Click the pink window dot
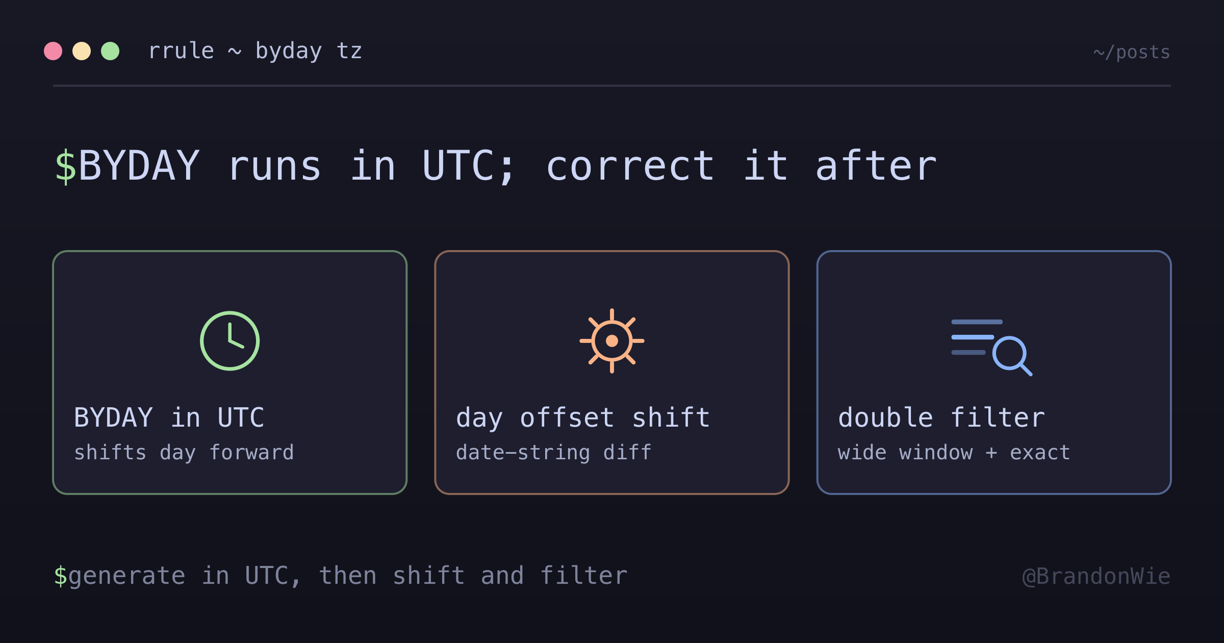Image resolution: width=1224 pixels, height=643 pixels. click(53, 51)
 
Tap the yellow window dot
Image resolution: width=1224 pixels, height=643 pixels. click(82, 51)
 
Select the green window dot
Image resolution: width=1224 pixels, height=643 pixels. click(110, 51)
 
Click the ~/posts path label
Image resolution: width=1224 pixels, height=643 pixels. click(1132, 53)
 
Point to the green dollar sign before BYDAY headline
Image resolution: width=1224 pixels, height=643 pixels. click(66, 166)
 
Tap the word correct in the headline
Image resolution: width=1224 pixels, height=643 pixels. click(630, 166)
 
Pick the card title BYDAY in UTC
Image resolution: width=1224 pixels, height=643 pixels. click(169, 417)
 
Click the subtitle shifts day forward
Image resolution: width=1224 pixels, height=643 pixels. click(184, 453)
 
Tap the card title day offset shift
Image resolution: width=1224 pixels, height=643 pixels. click(583, 418)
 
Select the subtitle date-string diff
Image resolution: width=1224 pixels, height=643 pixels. click(554, 453)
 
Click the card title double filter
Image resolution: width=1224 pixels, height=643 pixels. click(942, 417)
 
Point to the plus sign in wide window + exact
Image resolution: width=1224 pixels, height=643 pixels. click(991, 453)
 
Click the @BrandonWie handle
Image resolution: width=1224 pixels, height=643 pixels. click(1096, 577)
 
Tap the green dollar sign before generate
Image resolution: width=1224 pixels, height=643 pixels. click(61, 576)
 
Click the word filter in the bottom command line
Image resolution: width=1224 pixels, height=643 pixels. click(584, 575)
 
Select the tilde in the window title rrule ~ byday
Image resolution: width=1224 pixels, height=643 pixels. click(235, 52)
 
